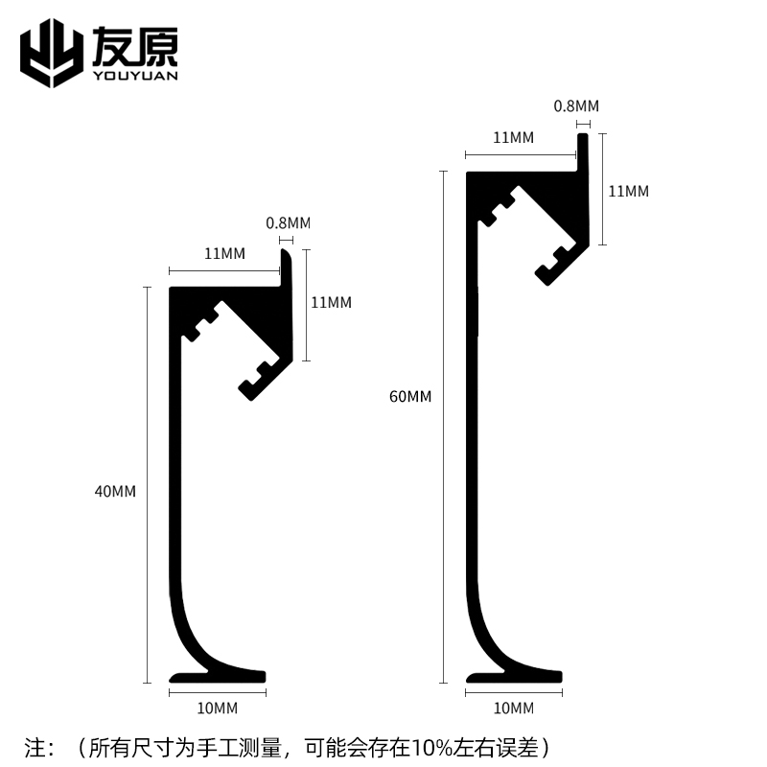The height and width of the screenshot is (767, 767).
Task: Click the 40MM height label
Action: click(116, 492)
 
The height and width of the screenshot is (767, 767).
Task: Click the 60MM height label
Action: click(411, 396)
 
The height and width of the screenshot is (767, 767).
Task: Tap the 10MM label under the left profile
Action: click(217, 709)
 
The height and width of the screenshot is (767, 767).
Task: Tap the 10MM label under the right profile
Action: click(513, 709)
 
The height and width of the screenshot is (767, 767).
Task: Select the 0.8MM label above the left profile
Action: click(288, 223)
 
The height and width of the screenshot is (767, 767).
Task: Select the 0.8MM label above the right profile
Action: click(576, 106)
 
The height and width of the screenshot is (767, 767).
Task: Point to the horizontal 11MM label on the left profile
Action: click(224, 254)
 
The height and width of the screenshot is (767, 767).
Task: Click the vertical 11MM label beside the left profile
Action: click(332, 303)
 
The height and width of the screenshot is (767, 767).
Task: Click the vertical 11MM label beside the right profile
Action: click(629, 191)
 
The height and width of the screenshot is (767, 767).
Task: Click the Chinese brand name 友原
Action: click(135, 45)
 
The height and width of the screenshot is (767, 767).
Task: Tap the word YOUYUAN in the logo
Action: click(135, 77)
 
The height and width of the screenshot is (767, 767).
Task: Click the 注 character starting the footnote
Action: click(35, 745)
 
